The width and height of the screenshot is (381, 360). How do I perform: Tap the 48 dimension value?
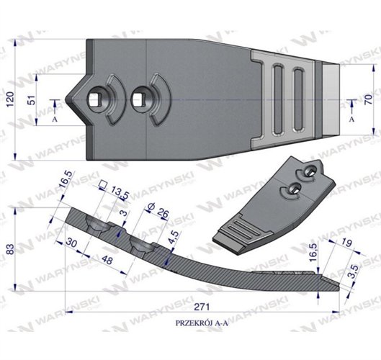click(x=108, y=258)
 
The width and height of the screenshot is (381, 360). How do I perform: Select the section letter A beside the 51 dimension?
click(x=54, y=120)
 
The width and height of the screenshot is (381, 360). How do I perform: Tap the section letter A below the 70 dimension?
click(x=351, y=120)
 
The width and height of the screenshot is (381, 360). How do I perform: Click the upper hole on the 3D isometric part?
click(x=308, y=171)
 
